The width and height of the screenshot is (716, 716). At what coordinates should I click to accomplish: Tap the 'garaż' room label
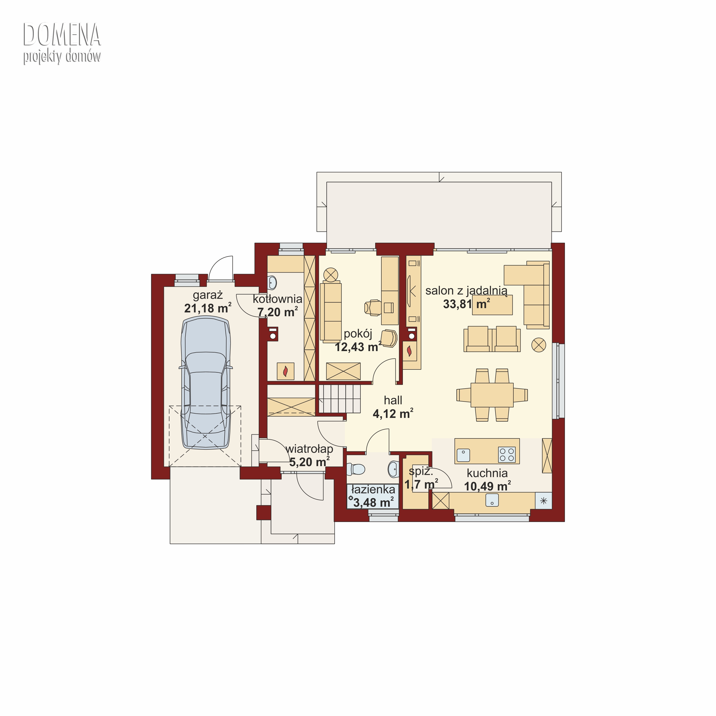208,295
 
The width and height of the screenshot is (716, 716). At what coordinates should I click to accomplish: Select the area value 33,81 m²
466,304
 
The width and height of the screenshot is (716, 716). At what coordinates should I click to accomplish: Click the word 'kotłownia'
278,299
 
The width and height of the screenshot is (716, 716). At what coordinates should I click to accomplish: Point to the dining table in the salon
492,395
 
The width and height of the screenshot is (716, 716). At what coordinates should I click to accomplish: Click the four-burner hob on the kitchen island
507,455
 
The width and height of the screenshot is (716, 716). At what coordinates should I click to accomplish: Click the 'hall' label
393,400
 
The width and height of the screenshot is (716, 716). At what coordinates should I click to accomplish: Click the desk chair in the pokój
373,307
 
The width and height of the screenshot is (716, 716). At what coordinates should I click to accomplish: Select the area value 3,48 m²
373,503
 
